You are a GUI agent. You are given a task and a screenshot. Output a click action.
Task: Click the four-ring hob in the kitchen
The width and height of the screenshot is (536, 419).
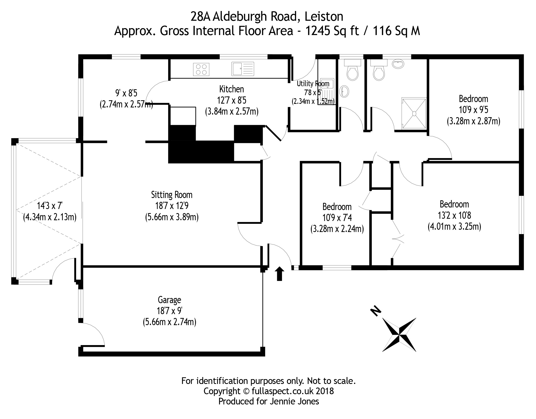(x=201, y=69)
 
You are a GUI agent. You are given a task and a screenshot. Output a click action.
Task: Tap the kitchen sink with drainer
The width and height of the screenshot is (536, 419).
(x=243, y=69)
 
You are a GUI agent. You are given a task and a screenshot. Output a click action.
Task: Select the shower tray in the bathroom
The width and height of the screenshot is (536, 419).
(x=414, y=113)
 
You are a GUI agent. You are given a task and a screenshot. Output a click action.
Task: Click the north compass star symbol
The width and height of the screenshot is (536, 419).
(x=399, y=335)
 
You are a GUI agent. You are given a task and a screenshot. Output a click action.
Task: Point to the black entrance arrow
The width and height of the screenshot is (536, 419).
(x=279, y=273)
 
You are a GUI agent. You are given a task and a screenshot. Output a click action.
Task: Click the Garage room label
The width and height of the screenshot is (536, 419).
(x=169, y=300)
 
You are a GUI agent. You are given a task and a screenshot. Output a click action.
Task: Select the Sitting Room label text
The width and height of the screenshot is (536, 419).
(x=172, y=195)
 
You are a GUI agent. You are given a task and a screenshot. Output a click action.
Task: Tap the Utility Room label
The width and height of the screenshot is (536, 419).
(x=313, y=84)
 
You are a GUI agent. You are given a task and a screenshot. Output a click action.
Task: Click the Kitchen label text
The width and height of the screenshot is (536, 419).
(x=231, y=89)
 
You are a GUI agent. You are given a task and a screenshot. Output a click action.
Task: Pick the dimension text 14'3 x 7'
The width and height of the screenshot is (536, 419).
(x=50, y=206)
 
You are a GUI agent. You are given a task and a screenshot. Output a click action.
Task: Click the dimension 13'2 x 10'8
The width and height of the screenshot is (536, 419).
(x=454, y=215)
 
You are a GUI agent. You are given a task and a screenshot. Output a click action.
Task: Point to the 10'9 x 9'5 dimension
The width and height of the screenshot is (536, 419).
(x=473, y=110)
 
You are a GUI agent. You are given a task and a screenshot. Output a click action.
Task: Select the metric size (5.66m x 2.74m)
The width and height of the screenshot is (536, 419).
(x=169, y=322)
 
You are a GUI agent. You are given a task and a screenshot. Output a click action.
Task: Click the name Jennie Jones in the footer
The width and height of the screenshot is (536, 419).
(x=294, y=401)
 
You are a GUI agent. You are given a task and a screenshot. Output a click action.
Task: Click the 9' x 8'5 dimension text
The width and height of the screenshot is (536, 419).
(x=126, y=93)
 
